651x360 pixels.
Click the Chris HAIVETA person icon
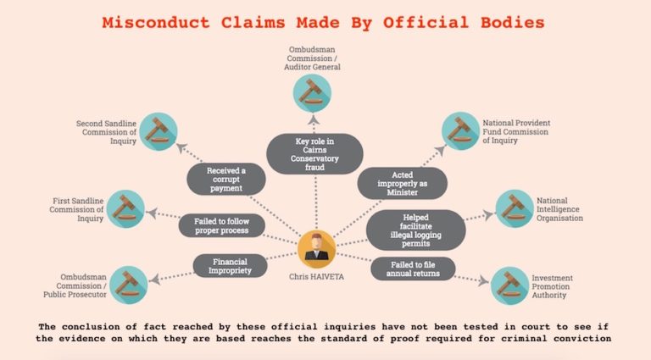316,248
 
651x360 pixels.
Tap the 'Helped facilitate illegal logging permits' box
415,229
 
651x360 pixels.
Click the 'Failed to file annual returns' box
413,269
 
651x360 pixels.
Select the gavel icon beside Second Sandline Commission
158,131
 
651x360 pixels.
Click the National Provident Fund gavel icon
463,132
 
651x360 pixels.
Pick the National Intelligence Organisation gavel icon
515,208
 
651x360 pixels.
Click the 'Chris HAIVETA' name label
316,275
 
